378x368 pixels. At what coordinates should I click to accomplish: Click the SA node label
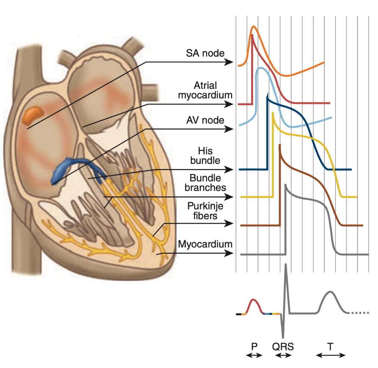tap(205, 53)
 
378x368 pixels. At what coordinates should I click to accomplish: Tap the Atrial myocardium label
tap(205, 90)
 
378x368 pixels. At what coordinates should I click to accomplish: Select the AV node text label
tap(205, 120)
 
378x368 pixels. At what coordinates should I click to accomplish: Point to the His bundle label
tap(205, 156)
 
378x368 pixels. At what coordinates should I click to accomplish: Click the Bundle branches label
tap(205, 183)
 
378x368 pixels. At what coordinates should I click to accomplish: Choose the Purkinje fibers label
tap(205, 211)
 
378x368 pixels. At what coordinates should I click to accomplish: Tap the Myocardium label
tap(205, 244)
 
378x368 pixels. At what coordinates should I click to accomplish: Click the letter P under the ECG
tap(254, 346)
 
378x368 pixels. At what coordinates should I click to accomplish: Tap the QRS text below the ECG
tap(283, 347)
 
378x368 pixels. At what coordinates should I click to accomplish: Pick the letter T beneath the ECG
tap(330, 346)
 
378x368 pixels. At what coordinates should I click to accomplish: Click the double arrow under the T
tap(331, 355)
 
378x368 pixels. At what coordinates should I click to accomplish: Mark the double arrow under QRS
tap(283, 355)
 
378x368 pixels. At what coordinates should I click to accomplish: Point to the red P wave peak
tap(253, 299)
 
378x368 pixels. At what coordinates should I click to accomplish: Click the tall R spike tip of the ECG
tap(286, 264)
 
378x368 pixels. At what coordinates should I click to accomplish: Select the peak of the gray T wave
tap(331, 292)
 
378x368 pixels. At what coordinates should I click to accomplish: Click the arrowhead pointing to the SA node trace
tap(229, 62)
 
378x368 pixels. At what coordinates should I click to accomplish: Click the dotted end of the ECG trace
tap(360, 313)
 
